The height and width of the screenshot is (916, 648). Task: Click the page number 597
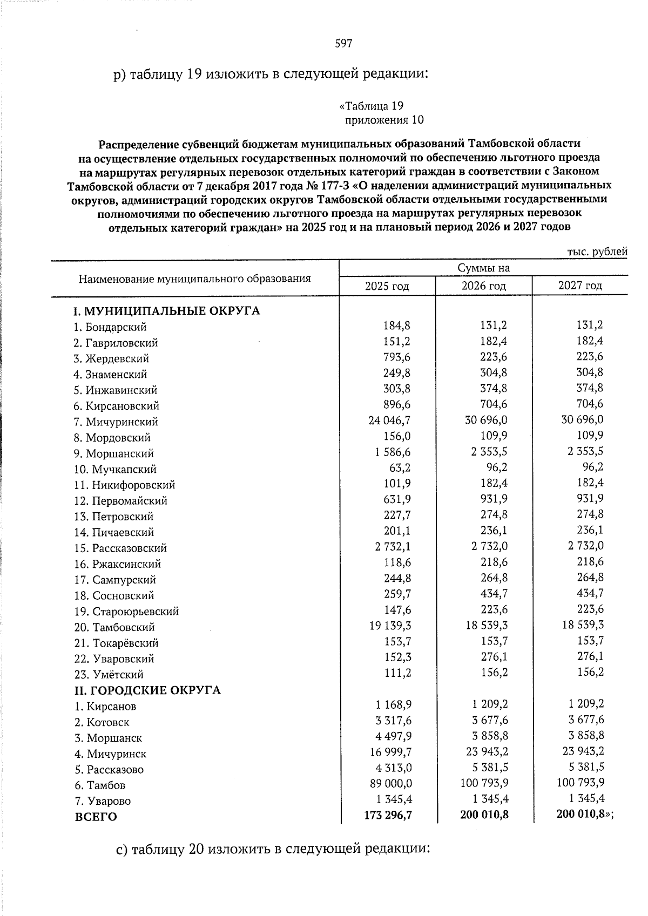point(343,44)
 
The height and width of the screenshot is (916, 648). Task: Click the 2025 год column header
point(387,286)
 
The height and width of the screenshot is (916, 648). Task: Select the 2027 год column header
point(580,286)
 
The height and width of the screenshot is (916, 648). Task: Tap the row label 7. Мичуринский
point(116,422)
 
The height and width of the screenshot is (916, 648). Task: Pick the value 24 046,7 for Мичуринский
point(389,420)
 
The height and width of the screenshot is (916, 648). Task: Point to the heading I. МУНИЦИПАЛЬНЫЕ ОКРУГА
point(167,311)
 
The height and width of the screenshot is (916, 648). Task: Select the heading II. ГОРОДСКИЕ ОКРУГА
point(147,690)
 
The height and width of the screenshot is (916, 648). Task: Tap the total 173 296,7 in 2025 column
point(388,815)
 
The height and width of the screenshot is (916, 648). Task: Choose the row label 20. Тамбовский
point(114,627)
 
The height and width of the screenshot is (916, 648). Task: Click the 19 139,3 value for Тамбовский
point(389,625)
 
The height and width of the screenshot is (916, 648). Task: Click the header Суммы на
point(484,268)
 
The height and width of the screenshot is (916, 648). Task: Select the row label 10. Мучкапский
point(115,470)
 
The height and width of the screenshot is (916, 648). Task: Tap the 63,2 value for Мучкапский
point(400,467)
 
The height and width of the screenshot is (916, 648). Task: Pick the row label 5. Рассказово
point(109,770)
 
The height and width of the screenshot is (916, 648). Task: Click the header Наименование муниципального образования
point(194,279)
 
